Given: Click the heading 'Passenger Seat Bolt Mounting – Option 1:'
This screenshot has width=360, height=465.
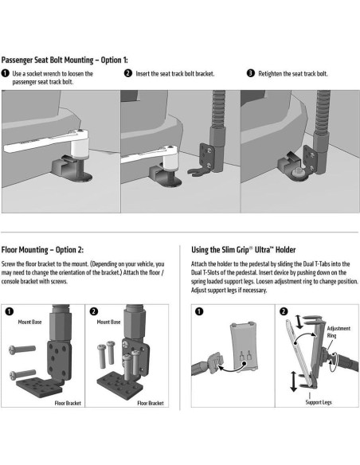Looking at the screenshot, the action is coord(65,60).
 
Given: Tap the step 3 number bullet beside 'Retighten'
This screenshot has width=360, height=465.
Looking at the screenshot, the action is coord(251,73).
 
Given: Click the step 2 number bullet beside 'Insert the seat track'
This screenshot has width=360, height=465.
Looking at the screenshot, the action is coord(127,73).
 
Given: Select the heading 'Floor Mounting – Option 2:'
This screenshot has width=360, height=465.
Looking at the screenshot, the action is coord(42,250).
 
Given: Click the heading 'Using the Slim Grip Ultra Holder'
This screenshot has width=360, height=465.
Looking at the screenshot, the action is coord(243,250).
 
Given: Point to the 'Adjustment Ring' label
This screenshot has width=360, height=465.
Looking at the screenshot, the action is coord(338,332).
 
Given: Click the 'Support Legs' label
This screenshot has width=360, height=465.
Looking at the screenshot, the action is coord(319,402).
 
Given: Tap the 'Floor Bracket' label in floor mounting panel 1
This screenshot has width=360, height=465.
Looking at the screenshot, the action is coord(68,403).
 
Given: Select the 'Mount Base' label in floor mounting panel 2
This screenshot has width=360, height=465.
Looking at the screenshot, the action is coord(108,322).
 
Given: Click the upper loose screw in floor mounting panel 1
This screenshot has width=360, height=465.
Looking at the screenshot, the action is coord(22,350).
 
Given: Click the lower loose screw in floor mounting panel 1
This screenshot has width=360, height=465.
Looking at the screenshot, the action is coord(22,374).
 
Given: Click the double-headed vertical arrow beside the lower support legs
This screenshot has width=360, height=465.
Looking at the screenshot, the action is coord(294,381).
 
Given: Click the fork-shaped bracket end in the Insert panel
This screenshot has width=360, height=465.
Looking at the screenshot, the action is coord(196,171).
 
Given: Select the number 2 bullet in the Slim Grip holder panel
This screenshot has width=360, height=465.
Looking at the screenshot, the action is coord(284,311).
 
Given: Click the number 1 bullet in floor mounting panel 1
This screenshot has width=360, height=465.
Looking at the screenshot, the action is coord(10,311).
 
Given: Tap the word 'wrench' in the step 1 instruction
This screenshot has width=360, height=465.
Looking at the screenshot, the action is coord(52,73).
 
